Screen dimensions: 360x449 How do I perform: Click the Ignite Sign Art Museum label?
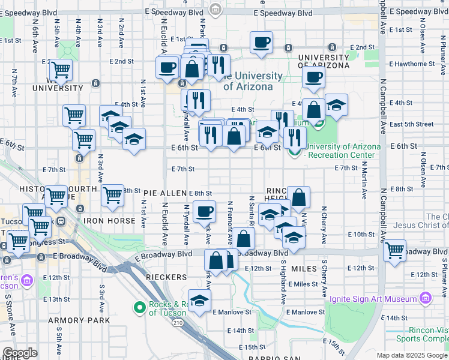[376, 299]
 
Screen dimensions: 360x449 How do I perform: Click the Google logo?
[20, 353]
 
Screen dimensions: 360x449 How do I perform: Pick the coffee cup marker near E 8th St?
[205, 211]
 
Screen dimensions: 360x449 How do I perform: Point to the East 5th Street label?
[411, 124]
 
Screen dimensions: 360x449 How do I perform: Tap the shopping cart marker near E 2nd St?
[61, 70]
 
